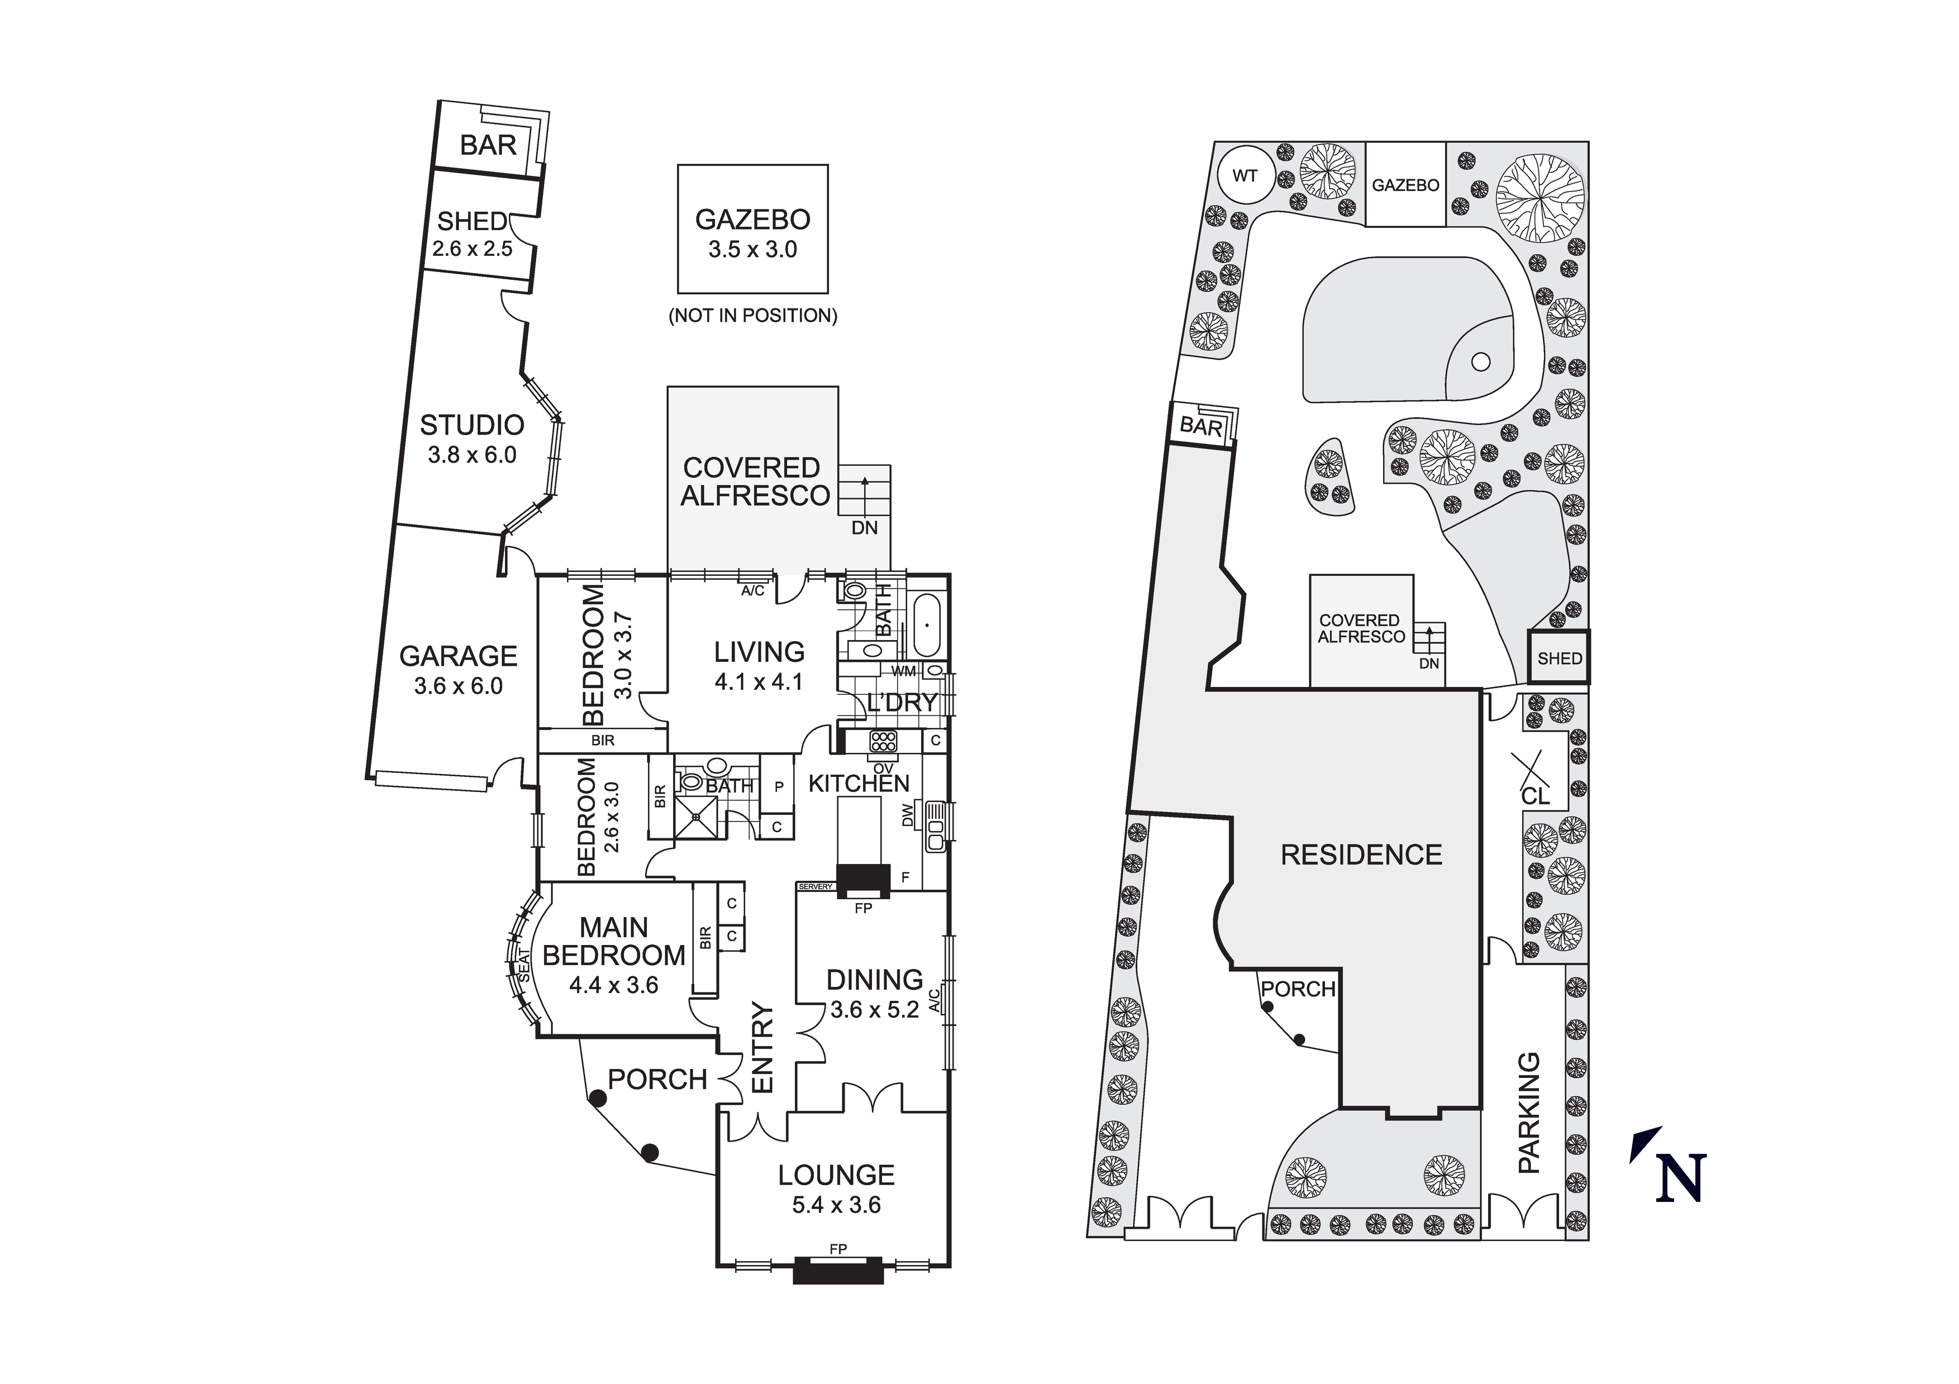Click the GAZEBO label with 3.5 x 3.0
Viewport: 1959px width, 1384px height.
tap(752, 220)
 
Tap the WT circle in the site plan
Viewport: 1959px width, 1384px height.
tap(1245, 176)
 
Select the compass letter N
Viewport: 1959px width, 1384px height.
tap(1681, 1178)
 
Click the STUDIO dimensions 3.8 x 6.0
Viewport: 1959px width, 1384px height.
tap(472, 455)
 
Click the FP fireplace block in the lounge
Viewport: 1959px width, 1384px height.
tap(838, 1270)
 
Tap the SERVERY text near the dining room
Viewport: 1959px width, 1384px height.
tap(815, 886)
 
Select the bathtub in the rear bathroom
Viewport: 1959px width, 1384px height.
tap(926, 626)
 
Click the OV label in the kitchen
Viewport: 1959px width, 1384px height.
tap(883, 768)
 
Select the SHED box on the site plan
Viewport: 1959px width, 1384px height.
tap(1559, 658)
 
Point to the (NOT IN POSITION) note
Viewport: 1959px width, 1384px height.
tap(752, 315)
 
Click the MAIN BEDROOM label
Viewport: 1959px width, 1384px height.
tap(613, 941)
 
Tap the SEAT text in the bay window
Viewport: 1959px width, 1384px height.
tap(525, 967)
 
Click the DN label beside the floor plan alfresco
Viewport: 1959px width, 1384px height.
tap(864, 528)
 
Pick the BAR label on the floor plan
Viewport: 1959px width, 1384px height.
tap(488, 146)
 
